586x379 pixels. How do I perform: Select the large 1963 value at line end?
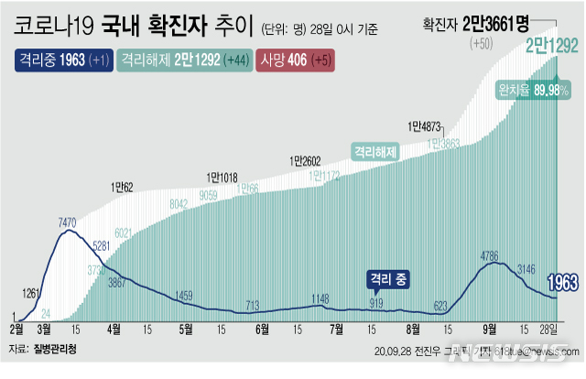pos(563,283)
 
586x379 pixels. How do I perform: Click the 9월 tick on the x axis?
pos(490,327)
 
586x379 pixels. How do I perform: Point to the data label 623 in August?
pos(440,305)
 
